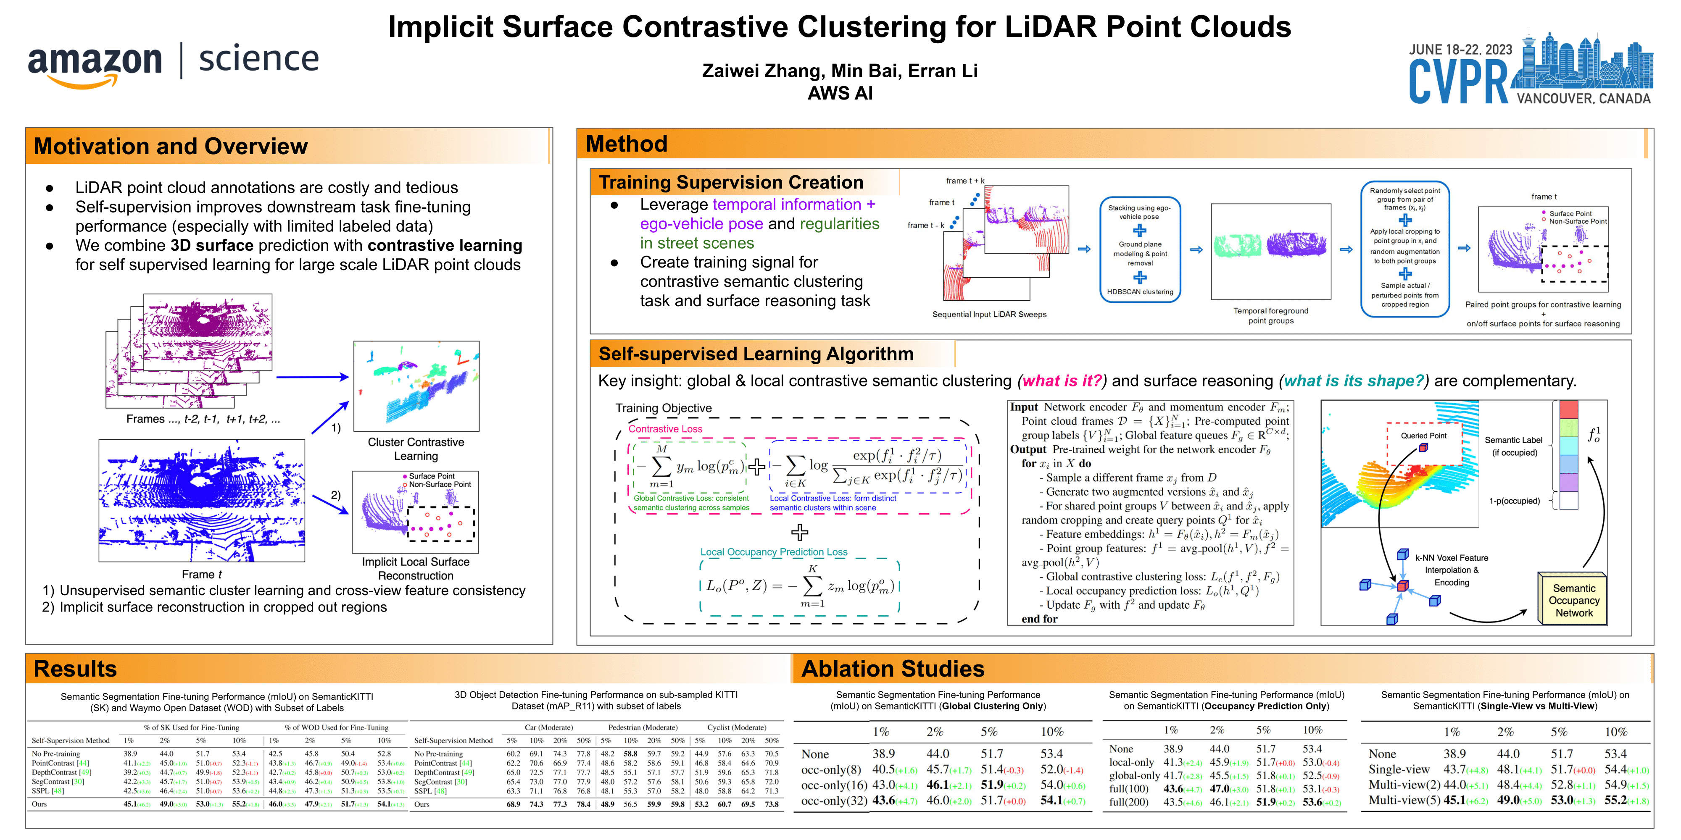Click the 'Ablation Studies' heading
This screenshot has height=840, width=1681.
[x=892, y=669]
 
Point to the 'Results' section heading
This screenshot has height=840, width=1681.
[x=75, y=669]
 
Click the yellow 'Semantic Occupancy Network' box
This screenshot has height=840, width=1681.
[x=1573, y=600]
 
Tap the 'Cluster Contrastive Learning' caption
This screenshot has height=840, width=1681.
[x=416, y=449]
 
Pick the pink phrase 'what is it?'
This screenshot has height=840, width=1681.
[x=1062, y=381]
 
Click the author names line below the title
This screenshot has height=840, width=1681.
[x=839, y=71]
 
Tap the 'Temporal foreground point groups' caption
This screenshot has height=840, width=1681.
[x=1270, y=316]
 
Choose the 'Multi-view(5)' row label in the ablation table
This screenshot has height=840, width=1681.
[x=1404, y=800]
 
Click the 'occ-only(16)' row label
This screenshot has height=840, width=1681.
[x=834, y=785]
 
